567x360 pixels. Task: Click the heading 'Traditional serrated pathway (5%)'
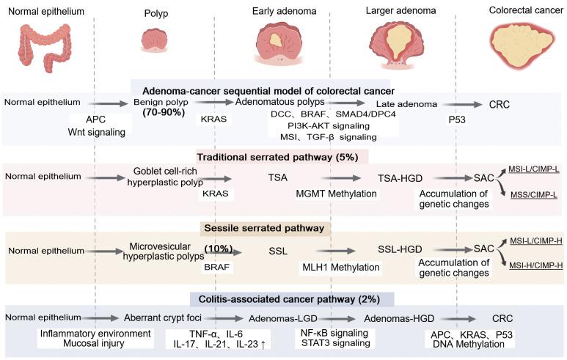282,157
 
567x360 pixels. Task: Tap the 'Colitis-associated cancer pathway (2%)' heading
291,298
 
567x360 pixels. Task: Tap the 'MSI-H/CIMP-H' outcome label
535,264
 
